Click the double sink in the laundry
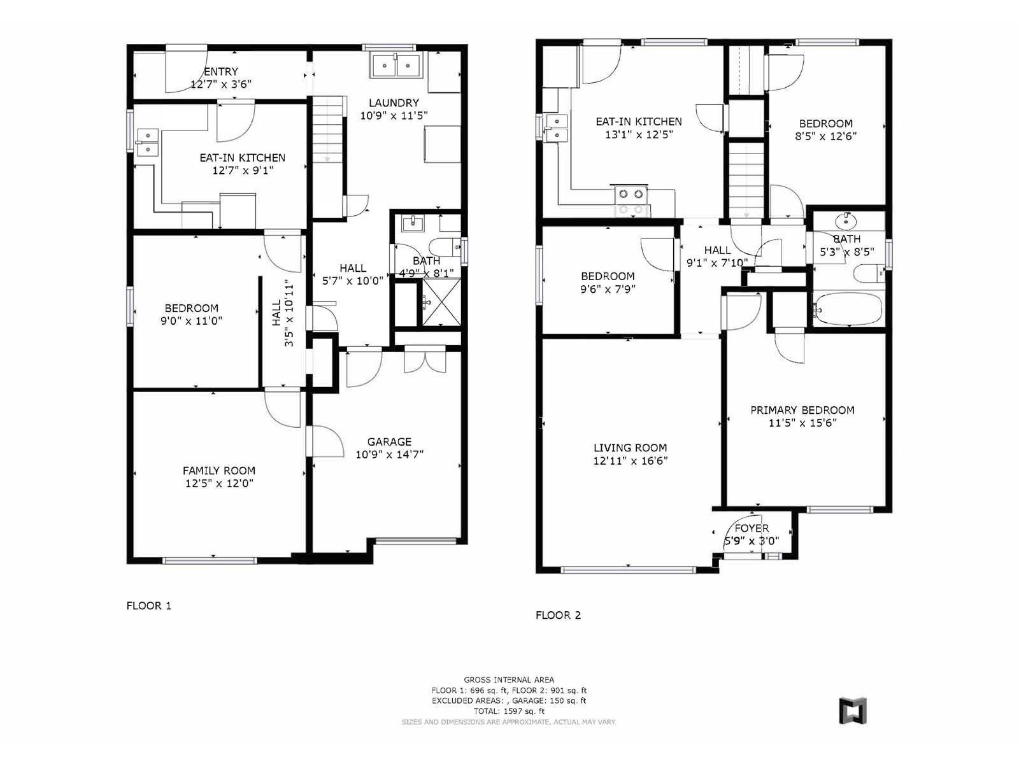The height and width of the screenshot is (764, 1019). click(x=397, y=66)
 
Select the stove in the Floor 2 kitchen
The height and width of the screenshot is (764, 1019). click(x=632, y=201)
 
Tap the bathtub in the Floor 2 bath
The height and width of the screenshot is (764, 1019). click(x=847, y=308)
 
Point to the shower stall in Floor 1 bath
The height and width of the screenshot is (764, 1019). click(x=441, y=302)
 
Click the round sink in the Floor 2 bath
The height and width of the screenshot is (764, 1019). click(x=846, y=222)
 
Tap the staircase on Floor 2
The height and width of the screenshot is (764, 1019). click(x=746, y=180)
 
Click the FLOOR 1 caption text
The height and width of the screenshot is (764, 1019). click(x=149, y=606)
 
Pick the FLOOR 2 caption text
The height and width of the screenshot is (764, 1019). click(x=558, y=616)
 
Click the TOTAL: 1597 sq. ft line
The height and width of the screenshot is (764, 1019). click(x=509, y=711)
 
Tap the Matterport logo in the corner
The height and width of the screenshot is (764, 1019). click(x=853, y=710)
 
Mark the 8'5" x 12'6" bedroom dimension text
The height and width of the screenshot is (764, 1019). click(x=825, y=136)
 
